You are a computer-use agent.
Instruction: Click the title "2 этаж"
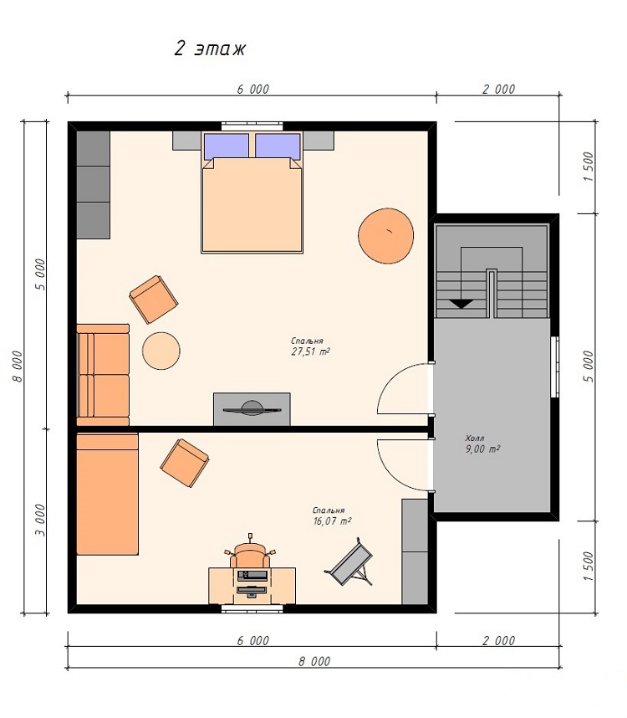pos(210,49)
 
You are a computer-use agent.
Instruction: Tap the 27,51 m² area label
pos(310,351)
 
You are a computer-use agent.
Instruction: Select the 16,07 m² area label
pos(333,521)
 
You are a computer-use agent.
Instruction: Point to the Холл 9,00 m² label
pos(482,444)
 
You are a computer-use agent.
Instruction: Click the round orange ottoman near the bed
pos(386,236)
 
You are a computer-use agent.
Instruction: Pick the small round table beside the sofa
pos(161,351)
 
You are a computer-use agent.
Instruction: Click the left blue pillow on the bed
pos(227,146)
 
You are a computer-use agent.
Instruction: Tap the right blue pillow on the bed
pos(278,146)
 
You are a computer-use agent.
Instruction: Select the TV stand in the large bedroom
pos(252,409)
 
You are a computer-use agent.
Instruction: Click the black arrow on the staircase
pos(461,303)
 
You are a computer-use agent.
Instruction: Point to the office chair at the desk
pos(250,554)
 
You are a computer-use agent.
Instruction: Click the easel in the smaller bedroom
pos(350,562)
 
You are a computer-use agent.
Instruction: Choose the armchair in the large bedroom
pos(154,300)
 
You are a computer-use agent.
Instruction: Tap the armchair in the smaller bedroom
pos(185,463)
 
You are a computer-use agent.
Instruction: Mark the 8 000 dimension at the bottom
pos(314,661)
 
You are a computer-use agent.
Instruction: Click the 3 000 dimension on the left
pos(40,521)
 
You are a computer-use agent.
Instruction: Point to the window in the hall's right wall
pos(555,367)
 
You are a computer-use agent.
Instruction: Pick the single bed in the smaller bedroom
pos(108,495)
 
